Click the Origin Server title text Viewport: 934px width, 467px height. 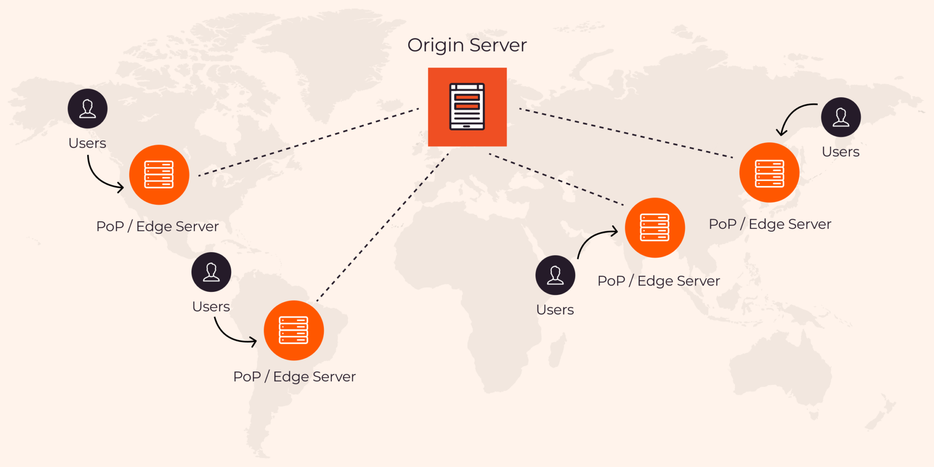[x=467, y=45]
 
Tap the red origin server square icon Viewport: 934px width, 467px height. [x=467, y=107]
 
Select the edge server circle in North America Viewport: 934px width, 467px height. [x=159, y=175]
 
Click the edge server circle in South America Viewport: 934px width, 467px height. [x=294, y=330]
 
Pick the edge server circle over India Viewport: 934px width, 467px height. [x=655, y=228]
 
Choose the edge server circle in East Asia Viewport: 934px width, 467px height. [x=769, y=173]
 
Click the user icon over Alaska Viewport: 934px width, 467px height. [x=88, y=109]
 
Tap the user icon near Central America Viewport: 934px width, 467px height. [x=211, y=272]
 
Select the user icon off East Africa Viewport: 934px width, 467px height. [x=555, y=275]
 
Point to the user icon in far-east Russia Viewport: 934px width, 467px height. [x=841, y=117]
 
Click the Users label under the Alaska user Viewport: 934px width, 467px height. [x=87, y=143]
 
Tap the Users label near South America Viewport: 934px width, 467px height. [x=211, y=306]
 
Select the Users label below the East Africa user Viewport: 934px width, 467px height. [x=555, y=310]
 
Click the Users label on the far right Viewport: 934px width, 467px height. [x=841, y=152]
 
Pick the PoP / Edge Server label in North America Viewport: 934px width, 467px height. [x=157, y=226]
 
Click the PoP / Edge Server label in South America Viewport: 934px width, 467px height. [x=294, y=377]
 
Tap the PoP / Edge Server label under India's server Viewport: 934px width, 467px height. [x=659, y=281]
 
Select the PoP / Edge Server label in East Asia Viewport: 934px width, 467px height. [x=770, y=224]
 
